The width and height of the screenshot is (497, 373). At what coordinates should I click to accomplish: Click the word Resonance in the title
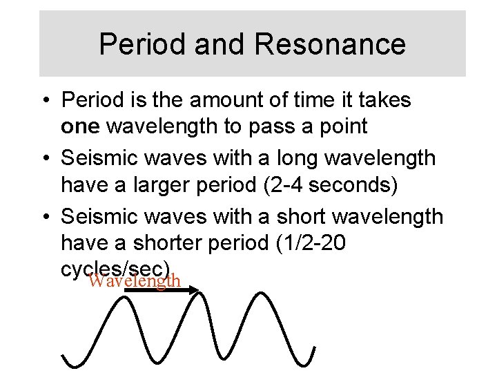click(330, 44)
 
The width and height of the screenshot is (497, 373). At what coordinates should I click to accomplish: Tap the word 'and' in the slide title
click(214, 44)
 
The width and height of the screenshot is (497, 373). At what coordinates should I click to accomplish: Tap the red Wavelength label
click(135, 281)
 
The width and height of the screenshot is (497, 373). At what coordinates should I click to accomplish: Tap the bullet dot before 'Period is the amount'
click(46, 101)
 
